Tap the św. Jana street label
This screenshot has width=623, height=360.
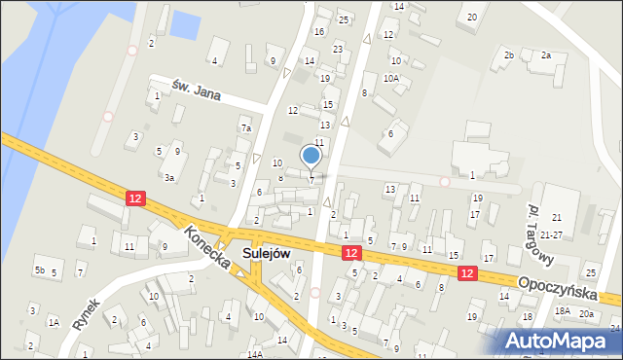click(193, 89)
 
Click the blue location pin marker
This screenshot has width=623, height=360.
click(311, 156)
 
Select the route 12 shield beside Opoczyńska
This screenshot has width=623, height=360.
click(468, 274)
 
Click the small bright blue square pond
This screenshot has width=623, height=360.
click(183, 24)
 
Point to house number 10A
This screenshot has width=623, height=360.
click(391, 78)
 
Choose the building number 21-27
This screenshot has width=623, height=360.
click(551, 235)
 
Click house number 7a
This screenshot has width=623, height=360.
click(247, 128)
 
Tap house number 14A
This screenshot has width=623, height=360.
click(255, 355)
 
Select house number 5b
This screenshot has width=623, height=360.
click(40, 270)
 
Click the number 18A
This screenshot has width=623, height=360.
click(562, 310)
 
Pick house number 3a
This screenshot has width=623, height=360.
click(169, 178)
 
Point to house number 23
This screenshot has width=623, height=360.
click(338, 49)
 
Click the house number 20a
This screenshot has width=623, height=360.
click(586, 313)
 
